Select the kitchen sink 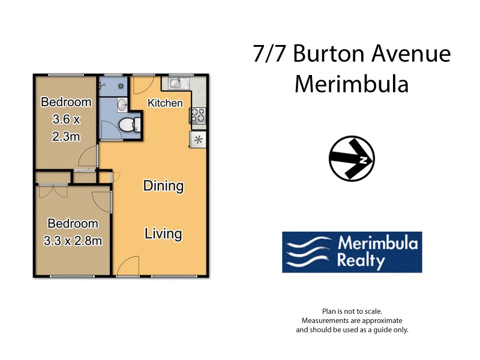pos(178,83)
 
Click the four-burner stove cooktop pos(198,115)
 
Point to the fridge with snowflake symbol pos(198,140)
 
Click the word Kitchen pos(165,103)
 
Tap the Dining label pos(163,185)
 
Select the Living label pos(163,233)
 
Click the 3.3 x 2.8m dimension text pos(73,241)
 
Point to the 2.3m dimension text pos(66,136)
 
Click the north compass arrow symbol pos(352,160)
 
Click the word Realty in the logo pos(360,261)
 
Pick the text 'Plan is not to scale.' pos(352,311)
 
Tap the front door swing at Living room pos(128,265)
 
